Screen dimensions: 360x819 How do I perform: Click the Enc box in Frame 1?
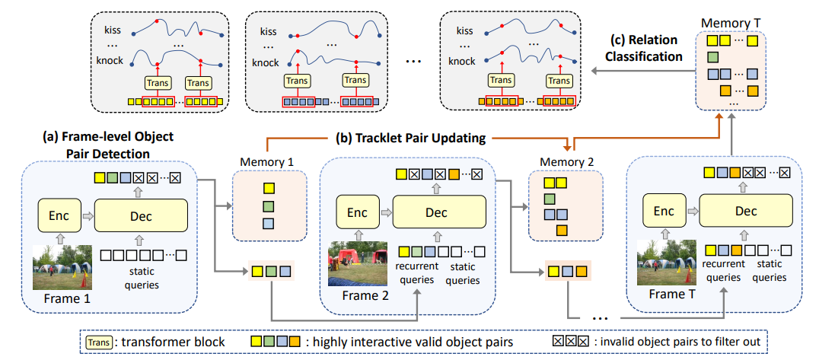click(59, 215)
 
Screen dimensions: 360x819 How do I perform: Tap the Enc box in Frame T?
click(664, 210)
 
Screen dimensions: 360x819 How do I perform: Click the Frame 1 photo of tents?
click(62, 267)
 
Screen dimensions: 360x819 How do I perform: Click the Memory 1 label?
click(266, 162)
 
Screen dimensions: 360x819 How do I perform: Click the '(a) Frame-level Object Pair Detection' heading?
click(108, 145)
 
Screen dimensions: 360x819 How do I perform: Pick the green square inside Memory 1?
click(267, 206)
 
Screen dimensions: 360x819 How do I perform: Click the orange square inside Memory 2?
click(562, 230)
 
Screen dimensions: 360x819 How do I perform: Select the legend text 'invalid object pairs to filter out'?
click(676, 341)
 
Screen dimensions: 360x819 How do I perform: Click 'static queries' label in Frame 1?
click(144, 279)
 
